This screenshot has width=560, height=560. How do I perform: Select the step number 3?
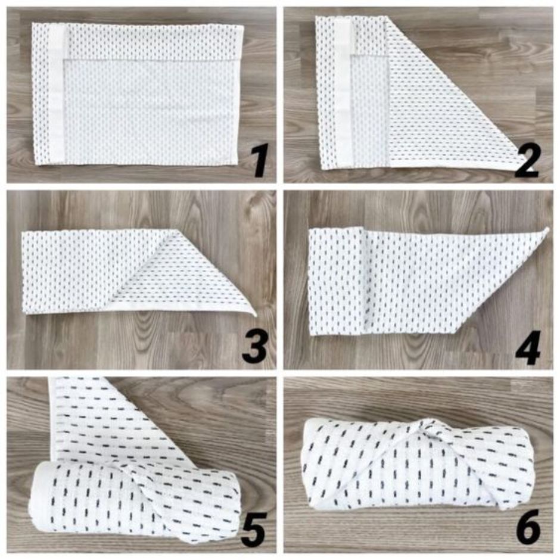click(255, 346)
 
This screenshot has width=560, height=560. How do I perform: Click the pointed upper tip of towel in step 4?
click(547, 229)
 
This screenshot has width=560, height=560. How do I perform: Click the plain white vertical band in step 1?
click(57, 95)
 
